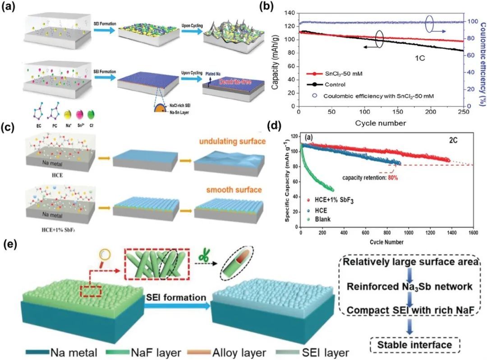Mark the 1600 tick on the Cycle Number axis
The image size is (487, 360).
tap(472, 233)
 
